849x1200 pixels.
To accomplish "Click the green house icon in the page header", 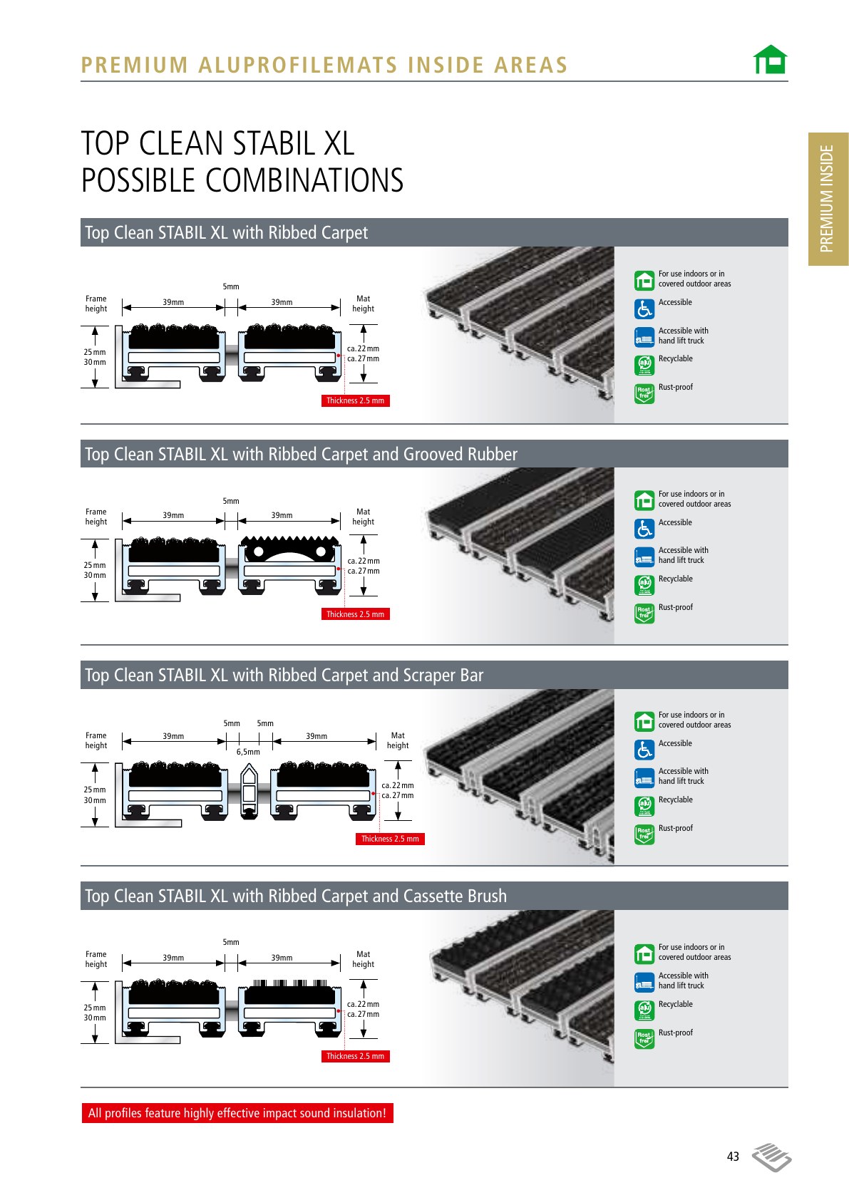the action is (x=770, y=59).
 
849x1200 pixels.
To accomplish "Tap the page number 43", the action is (x=733, y=1156).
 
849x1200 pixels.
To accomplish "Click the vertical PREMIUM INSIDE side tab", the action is (x=828, y=199).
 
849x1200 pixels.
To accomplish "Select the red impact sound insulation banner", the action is (x=237, y=1112).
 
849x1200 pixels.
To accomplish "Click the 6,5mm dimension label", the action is (x=248, y=752).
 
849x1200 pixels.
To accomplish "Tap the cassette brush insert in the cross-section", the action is (x=289, y=992).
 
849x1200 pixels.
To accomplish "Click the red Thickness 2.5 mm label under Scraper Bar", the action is (x=390, y=839).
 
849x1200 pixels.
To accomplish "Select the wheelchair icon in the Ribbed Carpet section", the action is (x=644, y=309).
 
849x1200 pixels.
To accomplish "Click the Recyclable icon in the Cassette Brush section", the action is (x=644, y=1010).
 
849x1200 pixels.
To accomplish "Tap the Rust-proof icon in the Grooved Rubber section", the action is (x=644, y=614).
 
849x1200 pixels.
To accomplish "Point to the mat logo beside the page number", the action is (x=772, y=1157).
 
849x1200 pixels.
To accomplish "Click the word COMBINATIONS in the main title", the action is (x=304, y=180).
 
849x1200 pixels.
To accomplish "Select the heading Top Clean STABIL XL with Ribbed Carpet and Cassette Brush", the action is (x=295, y=896).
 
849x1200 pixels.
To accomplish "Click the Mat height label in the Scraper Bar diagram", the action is (x=398, y=740).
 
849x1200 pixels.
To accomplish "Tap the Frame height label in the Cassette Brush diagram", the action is (x=96, y=959).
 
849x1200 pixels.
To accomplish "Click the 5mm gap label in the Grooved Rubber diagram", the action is (x=231, y=501).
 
